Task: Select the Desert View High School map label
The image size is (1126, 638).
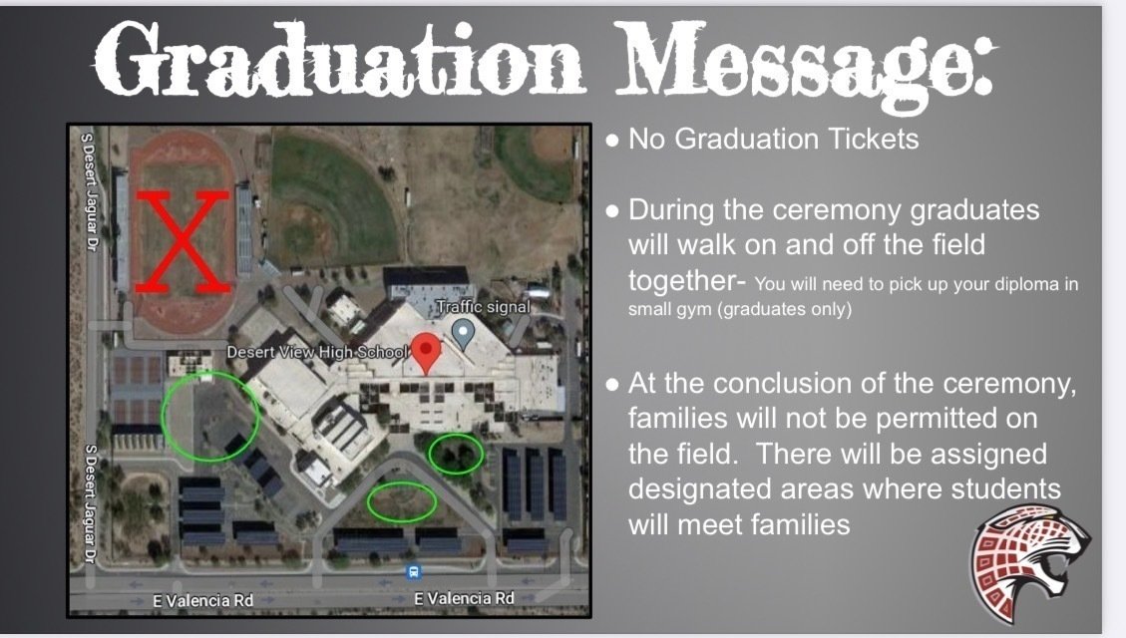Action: (317, 352)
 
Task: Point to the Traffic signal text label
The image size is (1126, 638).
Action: (483, 307)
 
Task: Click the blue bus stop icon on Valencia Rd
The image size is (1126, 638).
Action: (414, 572)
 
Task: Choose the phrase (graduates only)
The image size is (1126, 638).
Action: (764, 309)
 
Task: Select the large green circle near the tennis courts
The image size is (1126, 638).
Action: (209, 417)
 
